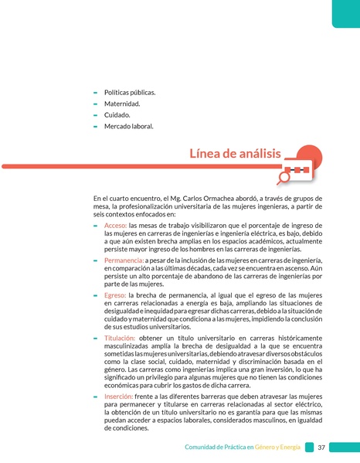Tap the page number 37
(x=321, y=448)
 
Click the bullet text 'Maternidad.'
(x=122, y=104)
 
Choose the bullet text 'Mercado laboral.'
(x=129, y=125)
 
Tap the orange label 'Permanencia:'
(x=124, y=260)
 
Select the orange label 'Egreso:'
(x=115, y=295)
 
